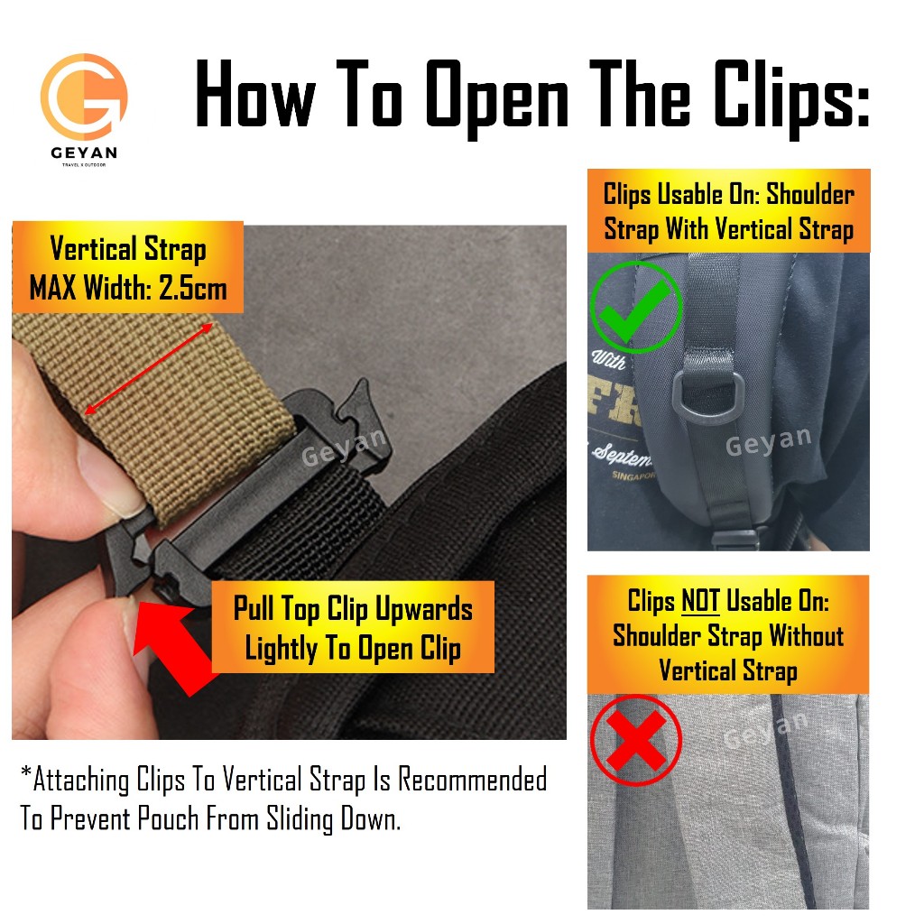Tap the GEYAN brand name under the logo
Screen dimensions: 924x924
[x=84, y=152]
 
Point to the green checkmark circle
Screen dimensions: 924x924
[x=636, y=307]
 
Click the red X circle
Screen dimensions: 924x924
[x=636, y=740]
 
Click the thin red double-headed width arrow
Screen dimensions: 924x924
[x=149, y=368]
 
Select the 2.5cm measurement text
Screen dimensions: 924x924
[x=193, y=288]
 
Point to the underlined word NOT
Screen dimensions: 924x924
[x=700, y=601]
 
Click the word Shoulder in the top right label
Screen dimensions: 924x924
[x=810, y=195]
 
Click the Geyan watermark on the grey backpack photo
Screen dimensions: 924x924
[x=765, y=729]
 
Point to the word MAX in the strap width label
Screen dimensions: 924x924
[x=53, y=288]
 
